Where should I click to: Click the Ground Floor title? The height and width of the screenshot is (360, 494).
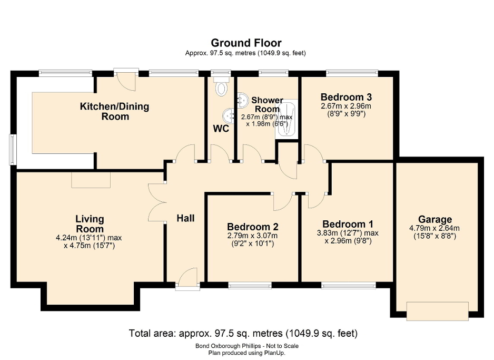246,43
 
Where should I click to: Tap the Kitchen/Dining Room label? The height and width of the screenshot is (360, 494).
114,111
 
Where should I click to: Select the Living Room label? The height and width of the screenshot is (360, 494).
90,224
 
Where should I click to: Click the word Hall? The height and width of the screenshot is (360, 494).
185,218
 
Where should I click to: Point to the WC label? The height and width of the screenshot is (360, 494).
221,129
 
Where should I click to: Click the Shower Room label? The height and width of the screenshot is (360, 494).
267,104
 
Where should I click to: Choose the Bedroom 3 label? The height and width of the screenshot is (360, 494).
346,97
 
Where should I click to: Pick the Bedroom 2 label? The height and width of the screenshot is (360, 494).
253,226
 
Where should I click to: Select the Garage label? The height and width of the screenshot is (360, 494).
435,219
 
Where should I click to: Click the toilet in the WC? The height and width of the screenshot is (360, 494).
221,87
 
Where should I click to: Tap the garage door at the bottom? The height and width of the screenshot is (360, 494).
437,310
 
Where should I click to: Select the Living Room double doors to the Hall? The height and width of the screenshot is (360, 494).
157,202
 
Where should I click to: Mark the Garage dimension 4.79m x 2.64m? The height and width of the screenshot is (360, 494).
435,228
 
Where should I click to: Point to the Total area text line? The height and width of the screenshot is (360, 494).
243,333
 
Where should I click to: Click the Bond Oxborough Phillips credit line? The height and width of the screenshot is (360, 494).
246,346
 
